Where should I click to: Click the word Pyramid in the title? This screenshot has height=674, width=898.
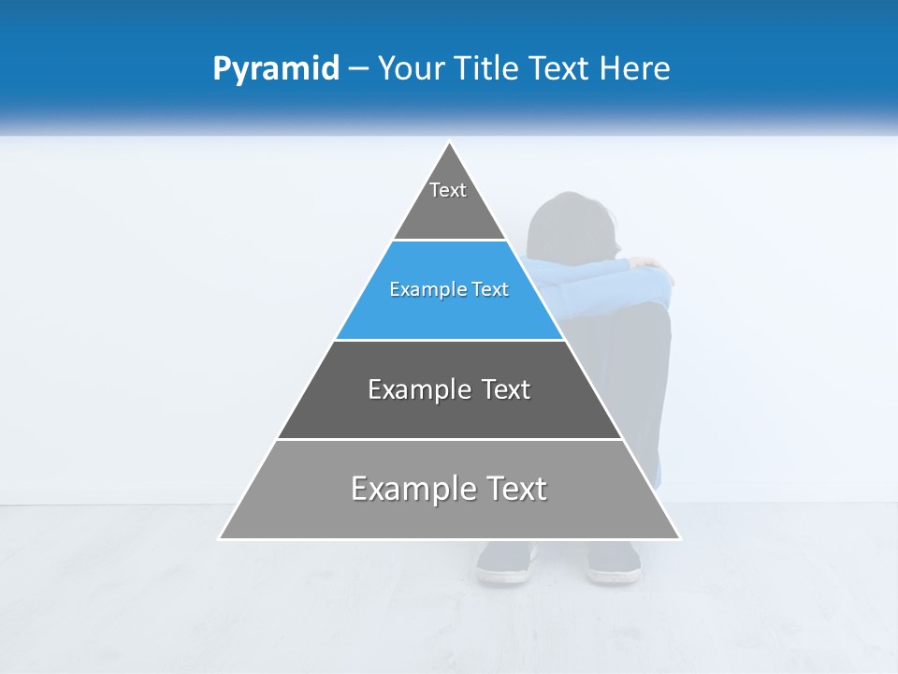276,69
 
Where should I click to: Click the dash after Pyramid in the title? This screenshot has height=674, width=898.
358,69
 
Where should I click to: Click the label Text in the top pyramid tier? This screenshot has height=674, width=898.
448,190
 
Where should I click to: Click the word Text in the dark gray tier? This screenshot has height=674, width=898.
505,389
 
